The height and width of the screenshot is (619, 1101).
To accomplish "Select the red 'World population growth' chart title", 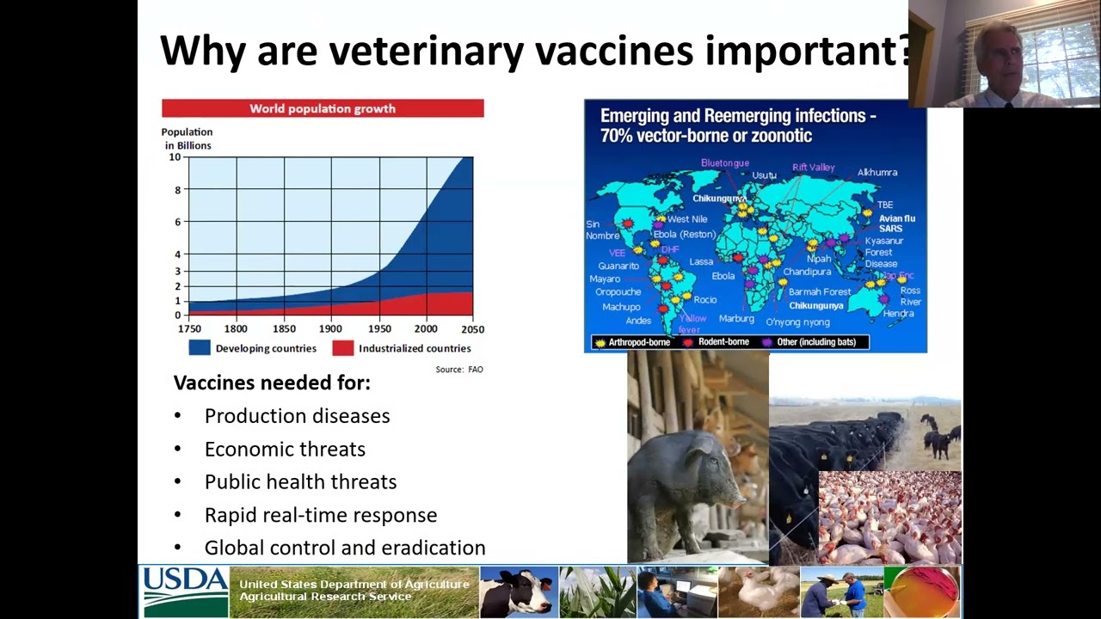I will click(x=323, y=108).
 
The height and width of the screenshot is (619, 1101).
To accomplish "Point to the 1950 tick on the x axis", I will click(x=379, y=328).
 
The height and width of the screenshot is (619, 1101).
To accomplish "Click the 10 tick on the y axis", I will click(x=175, y=157).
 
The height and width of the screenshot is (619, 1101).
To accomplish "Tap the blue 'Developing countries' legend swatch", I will click(x=200, y=348).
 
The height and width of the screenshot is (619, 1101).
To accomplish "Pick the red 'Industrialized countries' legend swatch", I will click(x=342, y=348).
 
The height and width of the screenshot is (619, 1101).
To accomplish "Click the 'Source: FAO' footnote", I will click(x=459, y=370).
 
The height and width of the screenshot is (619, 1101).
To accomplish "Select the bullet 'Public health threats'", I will click(x=300, y=482).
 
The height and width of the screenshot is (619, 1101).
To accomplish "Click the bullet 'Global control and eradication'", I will click(x=344, y=549).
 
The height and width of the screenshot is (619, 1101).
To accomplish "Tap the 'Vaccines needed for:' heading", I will click(x=272, y=383).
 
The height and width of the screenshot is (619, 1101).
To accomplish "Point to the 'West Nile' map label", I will click(x=686, y=219).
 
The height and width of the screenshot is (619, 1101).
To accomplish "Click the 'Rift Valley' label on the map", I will click(x=813, y=168).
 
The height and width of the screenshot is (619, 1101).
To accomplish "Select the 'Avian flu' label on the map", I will click(x=896, y=218).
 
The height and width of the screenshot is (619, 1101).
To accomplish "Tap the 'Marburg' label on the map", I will click(x=736, y=319).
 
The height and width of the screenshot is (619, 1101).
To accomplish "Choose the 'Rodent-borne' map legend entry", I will click(x=723, y=342).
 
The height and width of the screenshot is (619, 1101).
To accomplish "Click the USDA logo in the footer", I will click(x=184, y=591).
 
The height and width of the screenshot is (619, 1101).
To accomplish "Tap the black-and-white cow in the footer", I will click(x=518, y=592).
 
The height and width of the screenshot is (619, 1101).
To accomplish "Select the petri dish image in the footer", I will click(x=923, y=592).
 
